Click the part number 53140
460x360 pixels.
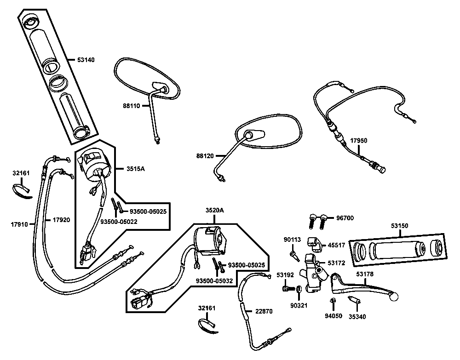86,60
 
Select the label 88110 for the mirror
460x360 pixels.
132,106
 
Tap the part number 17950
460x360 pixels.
358,140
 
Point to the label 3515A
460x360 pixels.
136,169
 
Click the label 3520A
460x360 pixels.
214,210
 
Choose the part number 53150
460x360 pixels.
399,226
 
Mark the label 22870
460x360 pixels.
264,311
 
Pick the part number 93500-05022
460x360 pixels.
119,222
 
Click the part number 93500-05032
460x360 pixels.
214,281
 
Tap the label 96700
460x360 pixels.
345,218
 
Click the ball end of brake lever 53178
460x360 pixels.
394,297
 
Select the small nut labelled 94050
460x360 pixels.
333,300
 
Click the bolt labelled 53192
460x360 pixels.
288,289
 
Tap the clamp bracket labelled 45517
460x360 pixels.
315,244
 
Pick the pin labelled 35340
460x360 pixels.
354,300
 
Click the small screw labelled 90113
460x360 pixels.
294,256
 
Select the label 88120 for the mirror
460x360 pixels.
205,156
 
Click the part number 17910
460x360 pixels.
19,224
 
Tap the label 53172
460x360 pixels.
336,263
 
